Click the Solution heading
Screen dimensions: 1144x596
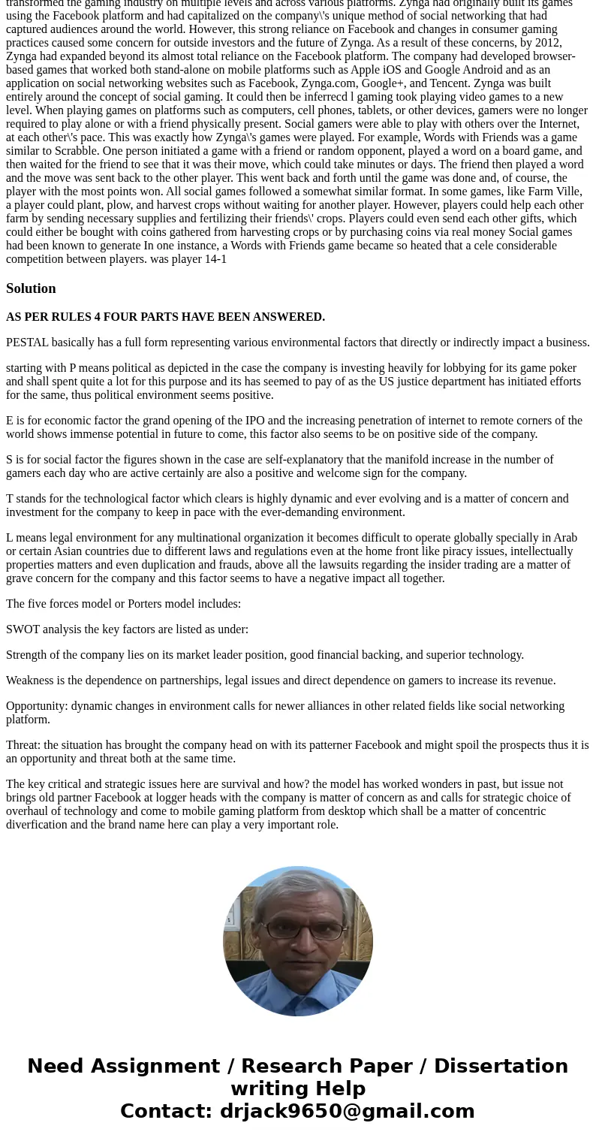[31, 288]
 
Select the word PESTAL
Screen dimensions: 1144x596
[27, 343]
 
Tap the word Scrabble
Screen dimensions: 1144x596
[75, 150]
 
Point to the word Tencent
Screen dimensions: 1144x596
[448, 83]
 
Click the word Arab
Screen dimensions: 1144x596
[565, 538]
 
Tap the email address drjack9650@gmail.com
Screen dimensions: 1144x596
[347, 1111]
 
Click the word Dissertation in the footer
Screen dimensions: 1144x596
[501, 1066]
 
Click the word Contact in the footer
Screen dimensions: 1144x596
[165, 1111]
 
